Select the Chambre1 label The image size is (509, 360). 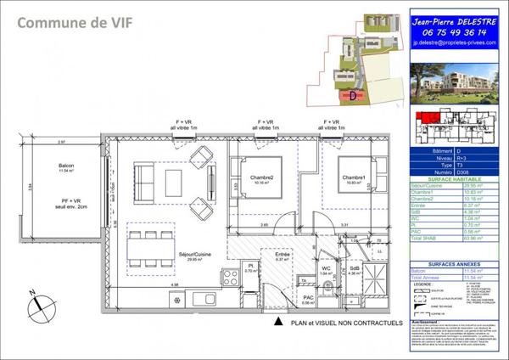pyautogui.click(x=354, y=178)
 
